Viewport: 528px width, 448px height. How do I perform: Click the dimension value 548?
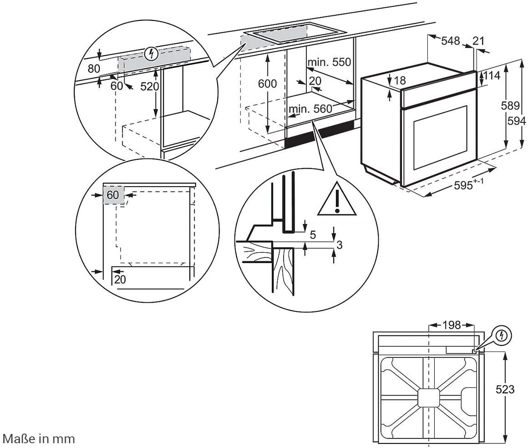450,41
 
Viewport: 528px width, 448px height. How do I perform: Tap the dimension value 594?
517,121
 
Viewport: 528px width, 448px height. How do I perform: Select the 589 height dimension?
511,106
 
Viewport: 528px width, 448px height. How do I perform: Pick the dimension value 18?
400,81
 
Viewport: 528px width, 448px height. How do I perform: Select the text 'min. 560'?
311,109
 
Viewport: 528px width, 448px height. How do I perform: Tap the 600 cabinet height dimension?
267,83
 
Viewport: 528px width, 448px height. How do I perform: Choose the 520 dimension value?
148,87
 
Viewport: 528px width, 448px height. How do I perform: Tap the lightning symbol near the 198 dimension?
502,336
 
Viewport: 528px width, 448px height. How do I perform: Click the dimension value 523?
505,389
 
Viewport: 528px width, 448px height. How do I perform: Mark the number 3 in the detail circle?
339,245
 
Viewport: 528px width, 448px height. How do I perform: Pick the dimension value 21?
478,41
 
